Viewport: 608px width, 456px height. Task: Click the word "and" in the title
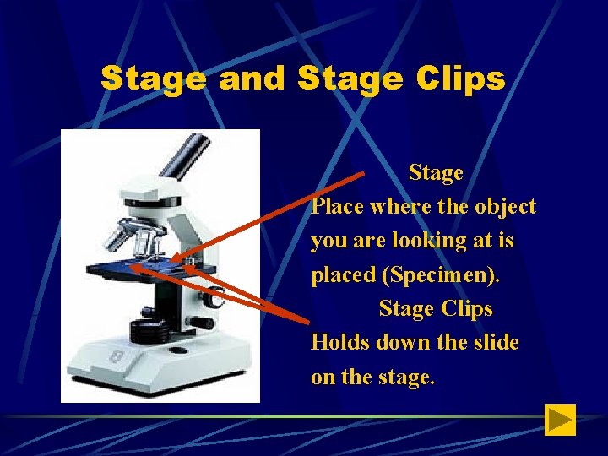(x=251, y=79)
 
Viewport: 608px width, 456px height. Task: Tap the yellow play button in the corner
(x=560, y=420)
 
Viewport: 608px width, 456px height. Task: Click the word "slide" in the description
(x=496, y=343)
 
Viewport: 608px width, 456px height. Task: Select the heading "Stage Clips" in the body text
(x=436, y=309)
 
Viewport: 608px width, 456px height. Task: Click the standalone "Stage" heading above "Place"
(x=436, y=172)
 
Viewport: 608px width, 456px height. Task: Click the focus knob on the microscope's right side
(x=216, y=299)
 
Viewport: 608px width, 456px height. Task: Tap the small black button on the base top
(x=206, y=323)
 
